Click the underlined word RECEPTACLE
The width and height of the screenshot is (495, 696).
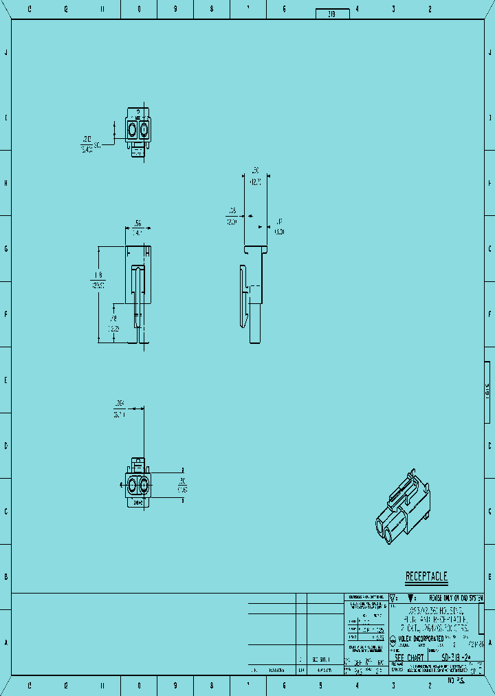426,576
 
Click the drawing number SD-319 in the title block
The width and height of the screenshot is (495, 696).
459,657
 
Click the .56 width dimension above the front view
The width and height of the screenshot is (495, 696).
138,224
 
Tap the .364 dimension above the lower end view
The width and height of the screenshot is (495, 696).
120,403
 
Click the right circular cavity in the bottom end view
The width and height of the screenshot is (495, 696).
144,486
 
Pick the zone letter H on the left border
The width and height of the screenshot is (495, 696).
6,183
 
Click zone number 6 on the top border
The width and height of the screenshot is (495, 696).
284,10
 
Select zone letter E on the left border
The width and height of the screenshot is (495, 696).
6,380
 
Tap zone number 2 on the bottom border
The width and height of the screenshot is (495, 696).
430,686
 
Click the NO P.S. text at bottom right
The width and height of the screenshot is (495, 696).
456,681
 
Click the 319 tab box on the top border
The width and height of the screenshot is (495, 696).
332,14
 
